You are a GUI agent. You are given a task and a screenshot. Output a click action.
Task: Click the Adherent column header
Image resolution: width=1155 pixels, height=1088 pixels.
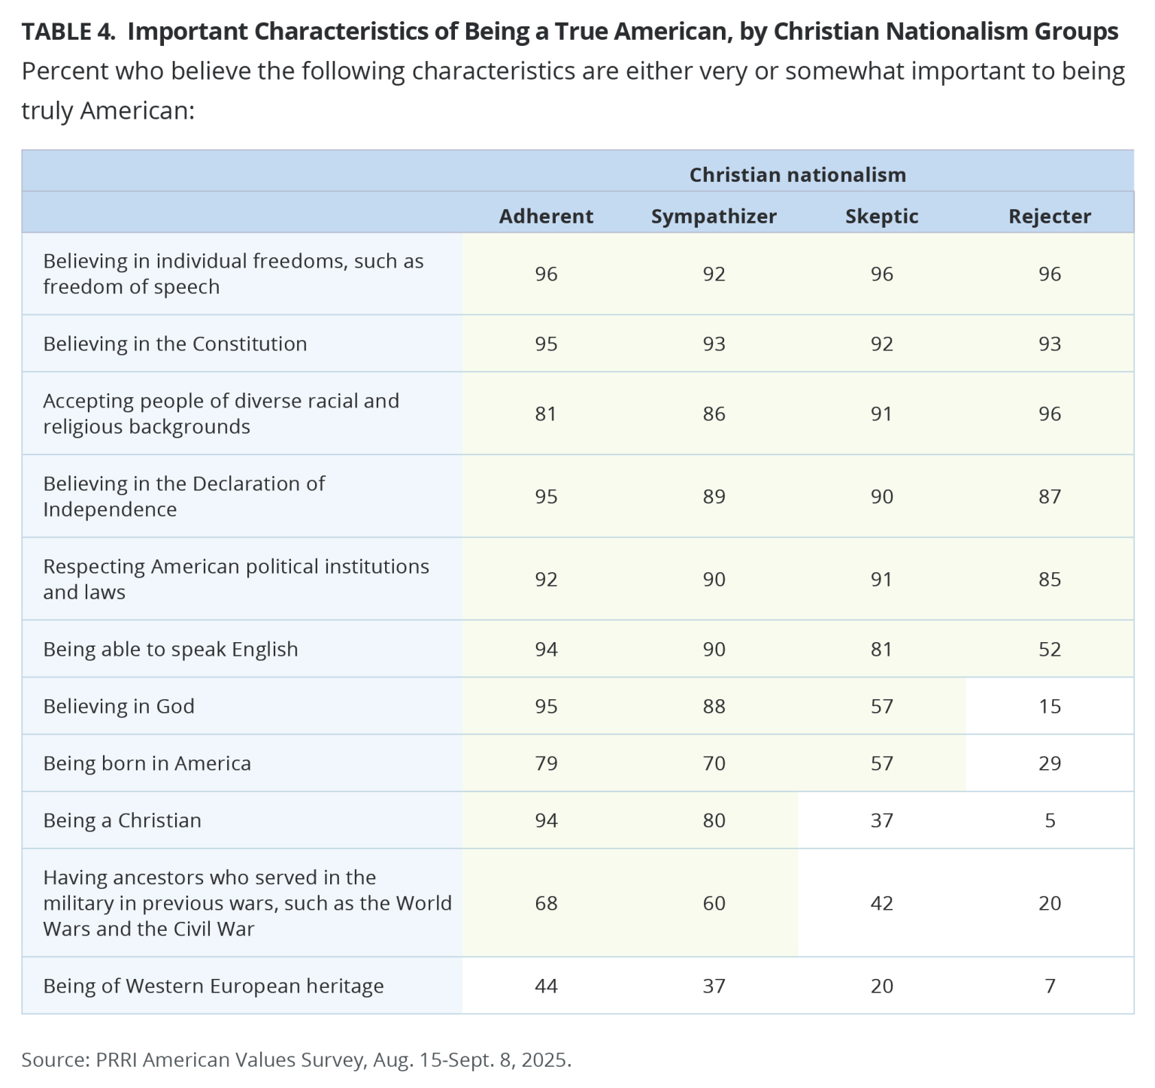546,217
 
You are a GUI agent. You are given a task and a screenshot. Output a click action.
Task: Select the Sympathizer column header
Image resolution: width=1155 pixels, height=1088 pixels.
714,217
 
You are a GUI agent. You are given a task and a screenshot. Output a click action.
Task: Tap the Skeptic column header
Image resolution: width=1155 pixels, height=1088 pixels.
882,217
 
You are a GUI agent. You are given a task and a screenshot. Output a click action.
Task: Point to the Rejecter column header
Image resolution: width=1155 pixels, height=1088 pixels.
1050,217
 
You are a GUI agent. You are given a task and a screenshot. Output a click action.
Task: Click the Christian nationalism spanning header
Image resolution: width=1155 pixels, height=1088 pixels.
798,175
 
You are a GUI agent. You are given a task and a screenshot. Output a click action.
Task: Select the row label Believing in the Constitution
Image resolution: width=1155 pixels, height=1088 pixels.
175,344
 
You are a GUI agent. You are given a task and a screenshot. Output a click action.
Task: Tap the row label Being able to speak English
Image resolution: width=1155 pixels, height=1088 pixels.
171,649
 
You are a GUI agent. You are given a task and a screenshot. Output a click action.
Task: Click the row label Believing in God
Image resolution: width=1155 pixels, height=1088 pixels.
119,706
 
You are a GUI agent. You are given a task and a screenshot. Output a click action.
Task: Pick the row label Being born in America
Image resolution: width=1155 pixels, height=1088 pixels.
147,763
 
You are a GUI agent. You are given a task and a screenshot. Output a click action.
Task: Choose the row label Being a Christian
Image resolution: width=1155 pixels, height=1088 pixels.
123,820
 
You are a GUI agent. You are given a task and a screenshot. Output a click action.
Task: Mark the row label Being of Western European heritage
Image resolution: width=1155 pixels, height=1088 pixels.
214,986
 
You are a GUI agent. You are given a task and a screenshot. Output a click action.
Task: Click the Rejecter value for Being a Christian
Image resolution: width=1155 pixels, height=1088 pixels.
1050,820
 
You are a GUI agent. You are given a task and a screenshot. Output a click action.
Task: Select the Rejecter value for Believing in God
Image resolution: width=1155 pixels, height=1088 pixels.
1050,706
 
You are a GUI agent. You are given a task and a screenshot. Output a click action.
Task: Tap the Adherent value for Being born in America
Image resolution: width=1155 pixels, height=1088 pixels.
546,763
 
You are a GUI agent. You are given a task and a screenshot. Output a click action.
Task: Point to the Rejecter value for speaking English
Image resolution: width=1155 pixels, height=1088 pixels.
1050,649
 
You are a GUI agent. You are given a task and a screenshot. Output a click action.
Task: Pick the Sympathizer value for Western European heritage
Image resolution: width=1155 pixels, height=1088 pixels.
714,986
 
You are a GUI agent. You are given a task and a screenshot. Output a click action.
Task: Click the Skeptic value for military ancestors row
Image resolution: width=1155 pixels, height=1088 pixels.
882,903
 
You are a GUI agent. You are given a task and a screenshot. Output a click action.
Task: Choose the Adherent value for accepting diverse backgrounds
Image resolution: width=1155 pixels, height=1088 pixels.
546,414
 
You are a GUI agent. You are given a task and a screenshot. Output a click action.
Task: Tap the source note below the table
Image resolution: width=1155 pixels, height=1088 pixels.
297,1059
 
